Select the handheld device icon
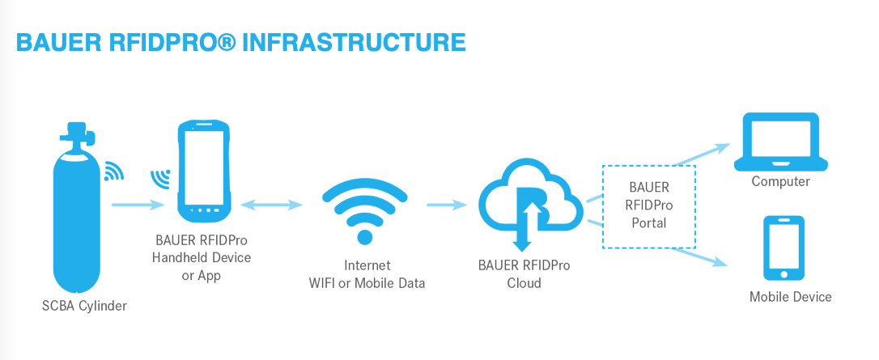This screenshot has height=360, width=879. [205, 172]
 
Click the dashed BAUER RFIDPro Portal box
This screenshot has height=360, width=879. [648, 205]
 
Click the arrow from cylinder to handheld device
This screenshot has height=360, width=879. [138, 205]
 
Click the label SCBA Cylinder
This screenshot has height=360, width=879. [85, 306]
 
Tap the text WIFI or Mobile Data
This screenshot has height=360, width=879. [367, 283]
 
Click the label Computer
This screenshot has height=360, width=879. [780, 181]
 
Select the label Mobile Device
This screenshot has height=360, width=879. [790, 297]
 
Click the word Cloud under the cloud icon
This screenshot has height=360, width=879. [524, 283]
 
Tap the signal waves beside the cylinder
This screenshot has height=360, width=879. [114, 171]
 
